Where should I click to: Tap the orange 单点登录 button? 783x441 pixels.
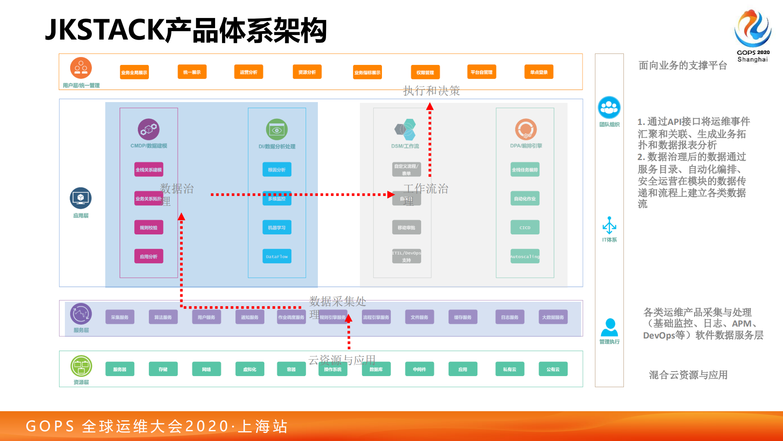[x=539, y=72]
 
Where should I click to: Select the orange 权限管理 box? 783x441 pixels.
[x=425, y=72]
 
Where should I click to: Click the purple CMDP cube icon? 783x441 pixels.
[x=149, y=129]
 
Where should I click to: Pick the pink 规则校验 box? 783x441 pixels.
[x=149, y=227]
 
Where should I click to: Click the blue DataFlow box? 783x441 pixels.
[x=277, y=256]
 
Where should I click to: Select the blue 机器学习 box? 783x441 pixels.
[x=277, y=227]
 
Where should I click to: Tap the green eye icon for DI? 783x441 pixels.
[x=277, y=130]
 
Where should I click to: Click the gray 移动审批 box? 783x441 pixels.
[x=406, y=227]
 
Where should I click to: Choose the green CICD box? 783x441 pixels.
[x=525, y=227]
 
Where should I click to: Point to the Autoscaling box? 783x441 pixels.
[x=525, y=256]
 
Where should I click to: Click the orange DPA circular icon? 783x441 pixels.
[x=526, y=129]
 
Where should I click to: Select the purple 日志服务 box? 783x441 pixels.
[x=510, y=317]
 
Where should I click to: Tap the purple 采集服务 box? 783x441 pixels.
[x=120, y=317]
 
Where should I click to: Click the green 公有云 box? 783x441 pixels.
[x=553, y=369]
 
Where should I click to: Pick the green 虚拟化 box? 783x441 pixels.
[x=249, y=369]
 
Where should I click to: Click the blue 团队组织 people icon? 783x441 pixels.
[x=609, y=107]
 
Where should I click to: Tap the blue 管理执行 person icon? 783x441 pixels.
[x=609, y=327]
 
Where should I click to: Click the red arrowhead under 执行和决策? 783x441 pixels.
[x=430, y=107]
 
